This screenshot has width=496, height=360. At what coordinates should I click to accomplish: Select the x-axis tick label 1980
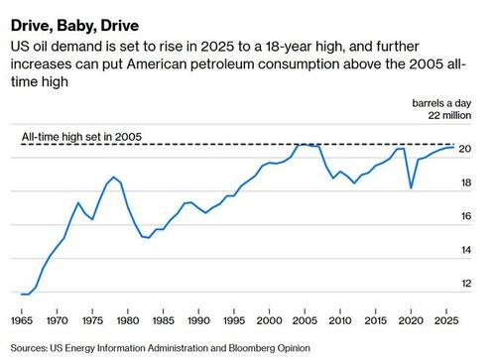tap(128, 322)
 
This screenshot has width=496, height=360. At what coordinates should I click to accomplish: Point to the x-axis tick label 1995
tap(232, 322)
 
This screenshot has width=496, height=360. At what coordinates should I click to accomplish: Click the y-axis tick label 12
tap(464, 284)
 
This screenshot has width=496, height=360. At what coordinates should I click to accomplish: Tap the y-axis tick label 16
tap(464, 216)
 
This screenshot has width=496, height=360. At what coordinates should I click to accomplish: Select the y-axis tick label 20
tap(464, 149)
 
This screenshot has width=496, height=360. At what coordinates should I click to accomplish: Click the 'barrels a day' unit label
tap(447, 103)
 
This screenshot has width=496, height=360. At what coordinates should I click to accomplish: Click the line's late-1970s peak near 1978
tap(114, 178)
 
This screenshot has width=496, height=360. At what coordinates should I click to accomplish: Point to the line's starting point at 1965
tap(22, 295)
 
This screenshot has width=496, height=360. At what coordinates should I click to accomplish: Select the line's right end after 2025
tap(454, 147)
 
